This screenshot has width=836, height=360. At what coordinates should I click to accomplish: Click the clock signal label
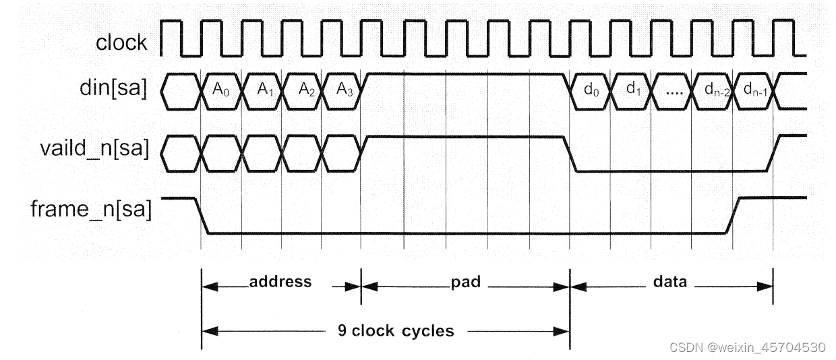(121, 43)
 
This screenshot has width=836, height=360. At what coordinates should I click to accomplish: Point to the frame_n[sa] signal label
(91, 210)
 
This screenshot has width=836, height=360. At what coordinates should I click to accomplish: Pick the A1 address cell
(262, 90)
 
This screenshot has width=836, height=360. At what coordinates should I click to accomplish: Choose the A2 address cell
(303, 90)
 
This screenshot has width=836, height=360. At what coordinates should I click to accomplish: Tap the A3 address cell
(342, 90)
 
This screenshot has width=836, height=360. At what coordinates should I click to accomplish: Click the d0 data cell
(591, 90)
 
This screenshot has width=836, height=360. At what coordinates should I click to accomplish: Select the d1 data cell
(632, 90)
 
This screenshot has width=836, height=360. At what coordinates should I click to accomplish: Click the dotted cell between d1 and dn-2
(673, 91)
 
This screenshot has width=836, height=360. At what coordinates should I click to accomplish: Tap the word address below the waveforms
(280, 282)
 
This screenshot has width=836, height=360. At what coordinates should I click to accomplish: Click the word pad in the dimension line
(465, 282)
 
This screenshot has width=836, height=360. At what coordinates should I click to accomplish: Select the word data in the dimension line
(670, 282)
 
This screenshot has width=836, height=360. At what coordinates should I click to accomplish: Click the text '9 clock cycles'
(396, 331)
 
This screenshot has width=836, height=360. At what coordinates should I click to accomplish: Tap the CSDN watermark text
(747, 347)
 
